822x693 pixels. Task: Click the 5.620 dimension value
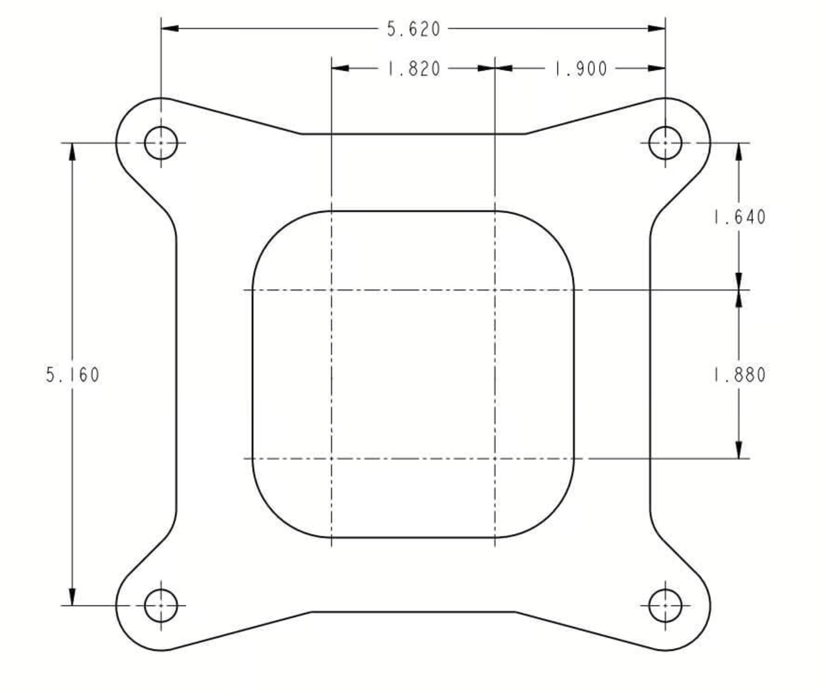click(x=413, y=29)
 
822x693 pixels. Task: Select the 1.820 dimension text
click(x=414, y=69)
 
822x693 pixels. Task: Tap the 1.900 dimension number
click(x=581, y=69)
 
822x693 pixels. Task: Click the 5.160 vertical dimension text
click(x=73, y=375)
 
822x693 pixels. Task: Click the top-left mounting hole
click(x=161, y=143)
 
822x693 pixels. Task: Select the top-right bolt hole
click(x=665, y=143)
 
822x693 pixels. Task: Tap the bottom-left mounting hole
click(x=161, y=606)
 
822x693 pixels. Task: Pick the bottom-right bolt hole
click(x=665, y=606)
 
